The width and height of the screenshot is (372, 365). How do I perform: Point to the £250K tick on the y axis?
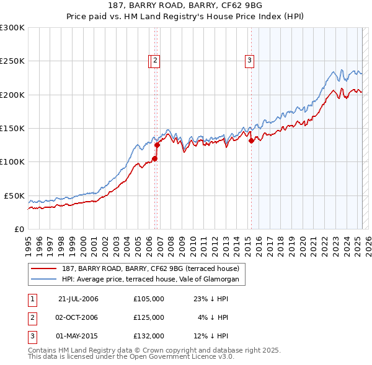click(x=12, y=61)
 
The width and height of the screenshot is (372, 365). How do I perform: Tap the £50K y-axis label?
click(x=14, y=195)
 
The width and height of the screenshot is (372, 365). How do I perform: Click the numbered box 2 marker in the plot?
click(x=154, y=61)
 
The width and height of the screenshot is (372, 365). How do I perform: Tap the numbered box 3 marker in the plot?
click(x=249, y=61)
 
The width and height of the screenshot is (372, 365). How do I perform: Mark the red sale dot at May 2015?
click(x=251, y=141)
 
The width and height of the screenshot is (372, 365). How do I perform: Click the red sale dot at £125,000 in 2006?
click(x=157, y=145)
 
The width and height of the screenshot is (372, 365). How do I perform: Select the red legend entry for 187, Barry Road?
click(x=154, y=268)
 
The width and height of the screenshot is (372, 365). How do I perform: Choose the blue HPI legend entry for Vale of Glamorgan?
click(x=154, y=280)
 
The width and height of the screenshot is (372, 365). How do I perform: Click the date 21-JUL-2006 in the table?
click(x=78, y=299)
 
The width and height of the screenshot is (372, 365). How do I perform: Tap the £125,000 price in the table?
click(x=149, y=317)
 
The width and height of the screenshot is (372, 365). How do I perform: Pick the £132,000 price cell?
click(x=149, y=336)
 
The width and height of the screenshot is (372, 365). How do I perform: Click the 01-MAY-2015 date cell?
click(x=78, y=336)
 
